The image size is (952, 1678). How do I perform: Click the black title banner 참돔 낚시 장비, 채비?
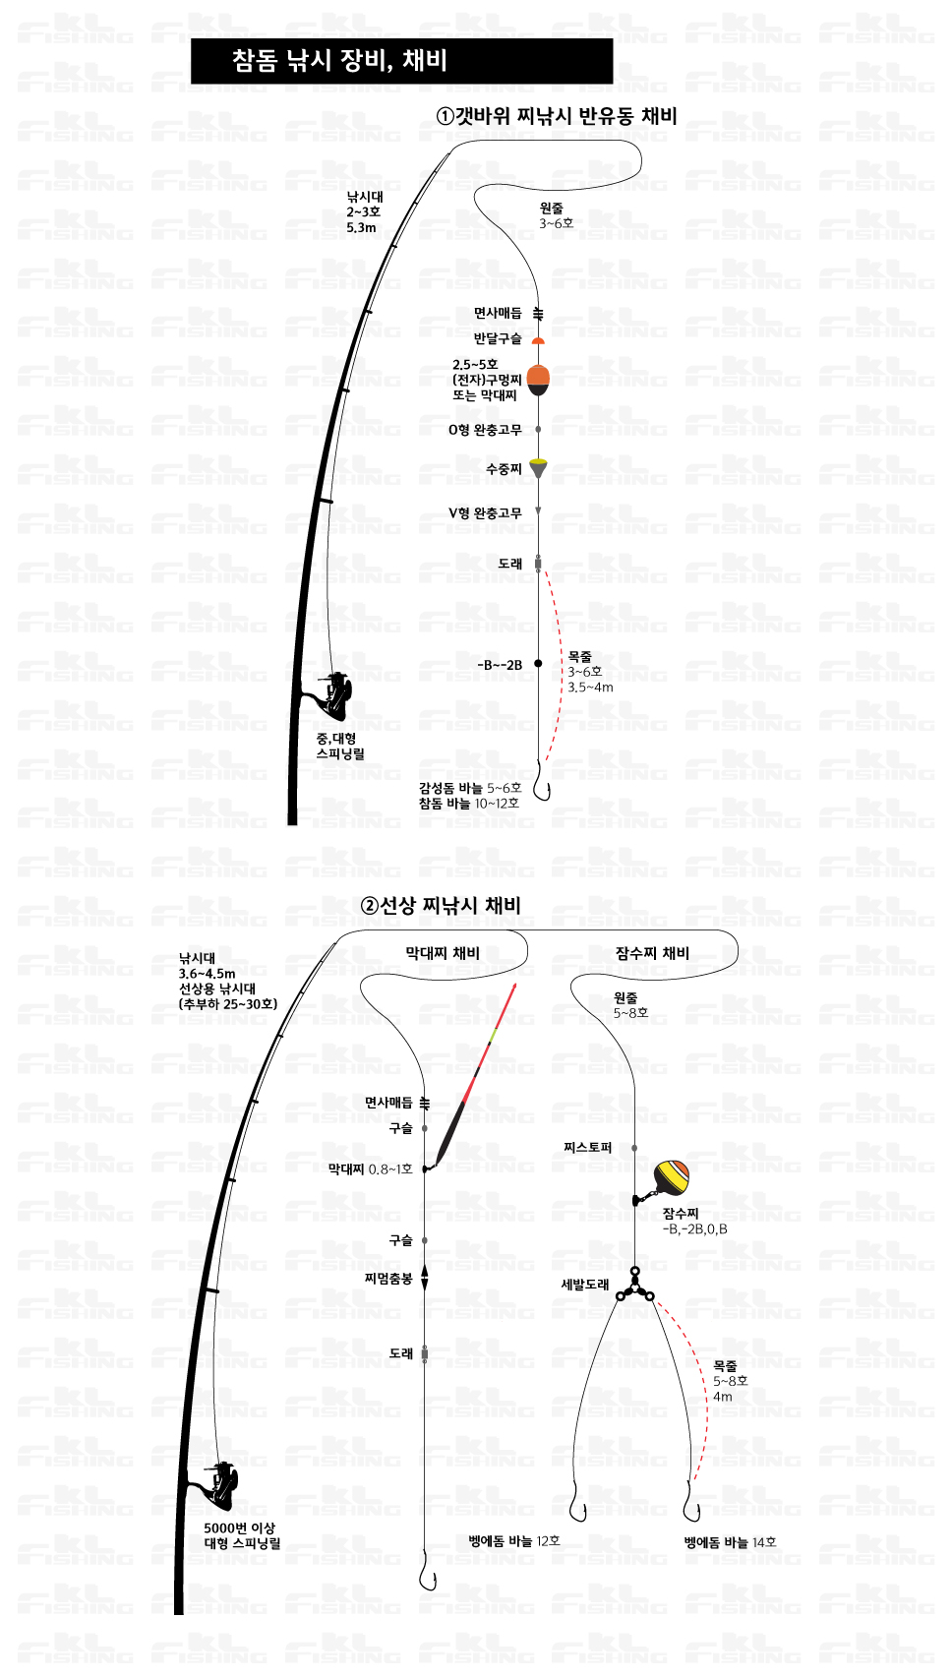(x=401, y=61)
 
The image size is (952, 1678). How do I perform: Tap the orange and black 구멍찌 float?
(x=538, y=380)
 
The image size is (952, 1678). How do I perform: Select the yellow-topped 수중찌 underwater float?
(x=538, y=468)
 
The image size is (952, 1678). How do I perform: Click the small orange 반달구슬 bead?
(x=538, y=341)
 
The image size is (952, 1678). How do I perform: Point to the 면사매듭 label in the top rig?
(x=498, y=313)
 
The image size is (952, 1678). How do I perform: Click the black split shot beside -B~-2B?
(x=538, y=663)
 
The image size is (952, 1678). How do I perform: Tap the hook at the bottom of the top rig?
(x=541, y=780)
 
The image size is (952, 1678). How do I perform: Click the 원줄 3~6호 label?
(x=556, y=215)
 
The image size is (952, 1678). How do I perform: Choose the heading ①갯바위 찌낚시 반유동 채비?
(x=557, y=116)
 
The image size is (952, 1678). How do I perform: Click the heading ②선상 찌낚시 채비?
(x=441, y=905)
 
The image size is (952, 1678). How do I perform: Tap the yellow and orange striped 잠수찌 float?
(x=671, y=1176)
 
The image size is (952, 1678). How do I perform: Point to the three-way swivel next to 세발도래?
(x=635, y=1284)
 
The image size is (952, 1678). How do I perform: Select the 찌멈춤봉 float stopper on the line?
(x=425, y=1278)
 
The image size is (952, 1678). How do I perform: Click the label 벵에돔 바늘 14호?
(x=730, y=1542)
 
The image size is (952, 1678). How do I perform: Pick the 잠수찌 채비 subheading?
(x=652, y=953)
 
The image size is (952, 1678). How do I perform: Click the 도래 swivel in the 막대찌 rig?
(x=425, y=1354)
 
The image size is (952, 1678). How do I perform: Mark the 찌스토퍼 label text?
(x=588, y=1147)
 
